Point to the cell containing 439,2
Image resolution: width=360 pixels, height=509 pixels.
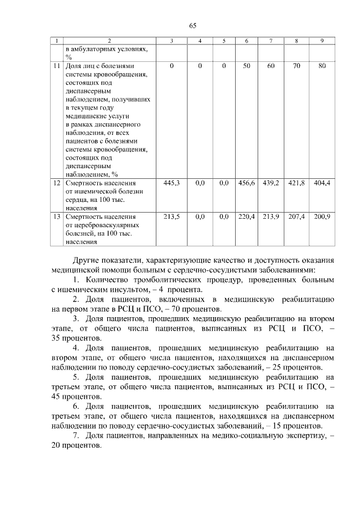[x=271, y=183]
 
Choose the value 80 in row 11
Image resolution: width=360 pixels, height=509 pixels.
[x=322, y=66]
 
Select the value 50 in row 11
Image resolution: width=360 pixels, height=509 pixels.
[x=246, y=66]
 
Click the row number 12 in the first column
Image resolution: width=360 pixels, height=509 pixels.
[x=56, y=183]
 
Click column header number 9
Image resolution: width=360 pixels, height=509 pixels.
[x=322, y=42]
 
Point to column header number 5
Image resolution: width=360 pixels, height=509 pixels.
[x=223, y=42]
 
